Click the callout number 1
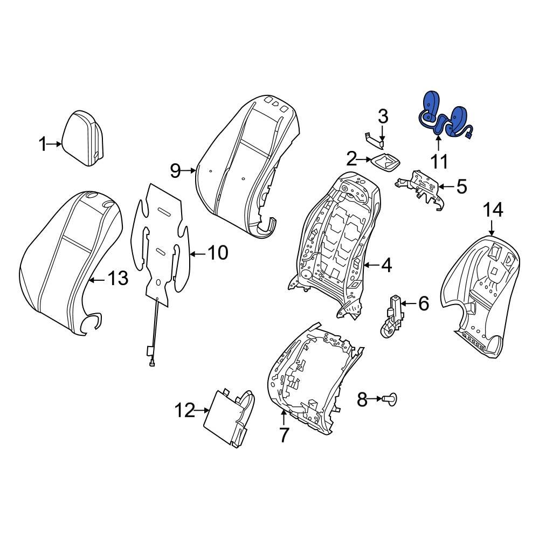[x=43, y=144]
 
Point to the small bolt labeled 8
[x=389, y=399]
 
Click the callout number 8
[x=362, y=399]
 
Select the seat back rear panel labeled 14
[x=480, y=291]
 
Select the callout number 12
[x=184, y=411]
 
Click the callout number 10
[x=218, y=252]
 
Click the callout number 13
[x=117, y=279]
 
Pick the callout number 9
[x=175, y=171]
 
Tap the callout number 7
[x=284, y=434]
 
